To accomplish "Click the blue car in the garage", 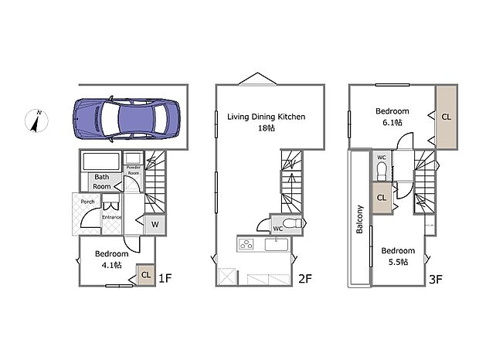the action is tap(126, 118).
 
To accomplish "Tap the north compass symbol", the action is tap(36, 121).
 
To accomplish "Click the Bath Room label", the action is tap(102, 182).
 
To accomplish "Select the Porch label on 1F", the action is tap(87, 202).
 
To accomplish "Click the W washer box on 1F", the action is tap(155, 225).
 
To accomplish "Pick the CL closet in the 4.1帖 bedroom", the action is tap(146, 275).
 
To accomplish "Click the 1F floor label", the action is tap(165, 278).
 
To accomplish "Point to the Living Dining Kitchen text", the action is tap(266, 117).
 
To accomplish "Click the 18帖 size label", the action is tap(267, 128).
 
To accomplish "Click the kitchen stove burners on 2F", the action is tap(246, 244).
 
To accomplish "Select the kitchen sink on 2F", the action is tap(277, 244).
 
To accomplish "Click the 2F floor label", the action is tap(305, 278).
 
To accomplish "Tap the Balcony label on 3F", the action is tap(359, 219).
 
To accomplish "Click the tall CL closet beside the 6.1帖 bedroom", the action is tap(447, 117).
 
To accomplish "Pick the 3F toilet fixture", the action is tap(382, 172).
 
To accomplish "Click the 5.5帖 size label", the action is tap(398, 262).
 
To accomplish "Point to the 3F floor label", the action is tap(436, 279).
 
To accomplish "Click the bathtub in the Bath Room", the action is tap(101, 161).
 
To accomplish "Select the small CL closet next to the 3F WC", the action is tap(382, 198).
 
